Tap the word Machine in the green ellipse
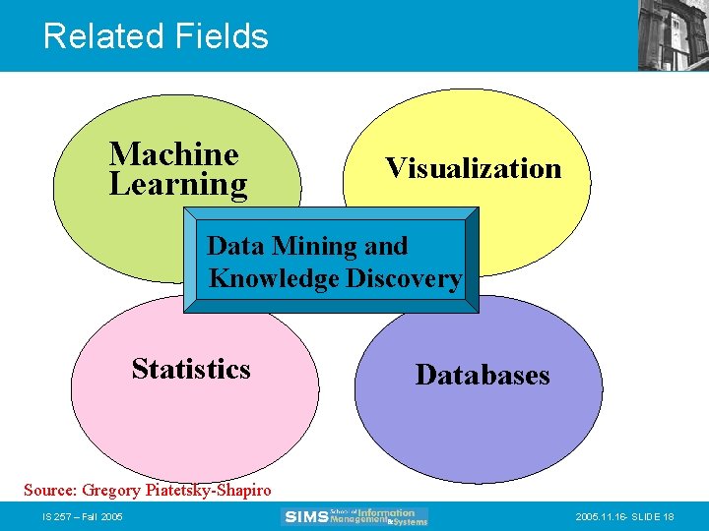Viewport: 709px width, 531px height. pyautogui.click(x=173, y=153)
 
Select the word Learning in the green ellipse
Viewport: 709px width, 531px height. pyautogui.click(x=178, y=185)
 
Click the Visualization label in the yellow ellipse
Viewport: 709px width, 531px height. pyautogui.click(x=473, y=168)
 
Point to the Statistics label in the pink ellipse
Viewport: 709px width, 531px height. pyautogui.click(x=191, y=369)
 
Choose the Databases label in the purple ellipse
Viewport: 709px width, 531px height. pyautogui.click(x=483, y=375)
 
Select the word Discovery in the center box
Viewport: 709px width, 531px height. pyautogui.click(x=404, y=278)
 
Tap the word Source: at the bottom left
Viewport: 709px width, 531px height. pyautogui.click(x=50, y=490)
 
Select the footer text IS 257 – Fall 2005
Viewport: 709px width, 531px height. pyautogui.click(x=82, y=516)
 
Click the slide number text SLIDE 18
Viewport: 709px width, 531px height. pyautogui.click(x=654, y=516)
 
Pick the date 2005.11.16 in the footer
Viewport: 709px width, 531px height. pyautogui.click(x=595, y=516)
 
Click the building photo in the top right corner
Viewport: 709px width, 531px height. pyautogui.click(x=673, y=34)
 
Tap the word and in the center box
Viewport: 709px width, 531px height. pyautogui.click(x=386, y=245)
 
